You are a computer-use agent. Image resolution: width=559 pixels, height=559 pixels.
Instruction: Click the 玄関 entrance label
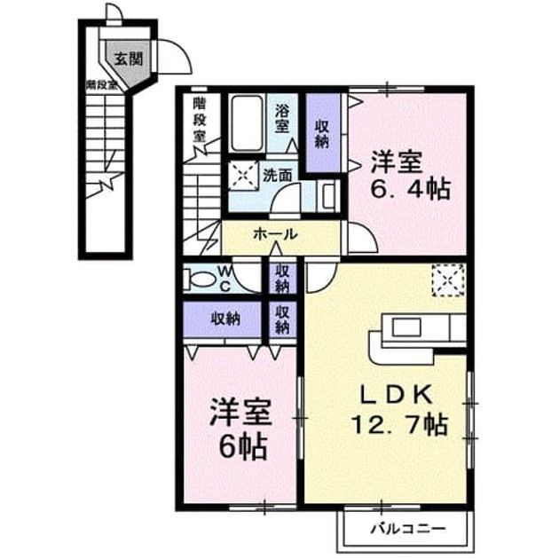tap(129, 59)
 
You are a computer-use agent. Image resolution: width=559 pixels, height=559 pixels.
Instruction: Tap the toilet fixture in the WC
tap(199, 279)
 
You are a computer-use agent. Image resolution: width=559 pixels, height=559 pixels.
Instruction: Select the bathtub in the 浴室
tap(247, 123)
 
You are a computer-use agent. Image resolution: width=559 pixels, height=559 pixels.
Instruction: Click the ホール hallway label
tap(275, 234)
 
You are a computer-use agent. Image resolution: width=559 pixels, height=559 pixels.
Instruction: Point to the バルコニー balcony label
tap(408, 529)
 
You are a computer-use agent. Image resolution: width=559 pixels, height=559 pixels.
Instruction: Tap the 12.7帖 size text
tap(400, 424)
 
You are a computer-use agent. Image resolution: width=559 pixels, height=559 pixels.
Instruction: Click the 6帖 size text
tap(243, 446)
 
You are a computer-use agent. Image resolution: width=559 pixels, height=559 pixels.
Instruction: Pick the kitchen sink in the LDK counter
tap(406, 327)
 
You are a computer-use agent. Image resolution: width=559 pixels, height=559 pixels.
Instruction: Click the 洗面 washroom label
tap(278, 175)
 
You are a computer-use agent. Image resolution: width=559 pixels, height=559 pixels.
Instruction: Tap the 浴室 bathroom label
tap(281, 120)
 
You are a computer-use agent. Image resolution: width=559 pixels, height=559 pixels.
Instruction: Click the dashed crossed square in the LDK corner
tap(448, 280)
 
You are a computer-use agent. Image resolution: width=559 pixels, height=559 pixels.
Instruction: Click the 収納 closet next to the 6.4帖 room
tap(322, 134)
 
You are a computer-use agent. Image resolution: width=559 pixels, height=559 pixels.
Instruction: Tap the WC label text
tap(224, 279)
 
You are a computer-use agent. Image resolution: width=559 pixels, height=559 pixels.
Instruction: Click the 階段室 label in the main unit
tap(200, 120)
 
